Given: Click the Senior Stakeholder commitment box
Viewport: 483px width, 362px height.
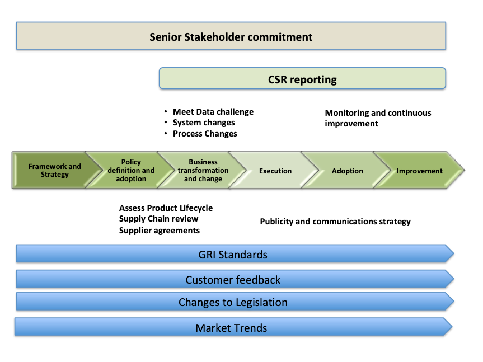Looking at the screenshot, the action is pos(231,36).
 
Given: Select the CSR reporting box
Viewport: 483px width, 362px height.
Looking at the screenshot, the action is pos(302,78).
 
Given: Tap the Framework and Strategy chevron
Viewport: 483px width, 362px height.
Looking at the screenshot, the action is pos(55,170).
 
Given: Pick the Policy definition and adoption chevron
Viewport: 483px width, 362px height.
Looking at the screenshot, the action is pos(131,170).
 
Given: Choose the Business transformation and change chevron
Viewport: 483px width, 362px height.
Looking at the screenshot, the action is pos(203,170).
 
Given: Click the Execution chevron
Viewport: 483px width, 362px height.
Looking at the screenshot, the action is pos(275,170).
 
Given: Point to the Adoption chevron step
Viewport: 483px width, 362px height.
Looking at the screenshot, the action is pos(348,170).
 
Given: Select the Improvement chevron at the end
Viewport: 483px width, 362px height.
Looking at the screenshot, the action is pos(420,170).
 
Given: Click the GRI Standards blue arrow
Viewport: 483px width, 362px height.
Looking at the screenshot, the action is pos(235,253).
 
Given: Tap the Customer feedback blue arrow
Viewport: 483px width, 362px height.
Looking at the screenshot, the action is pos(235,279).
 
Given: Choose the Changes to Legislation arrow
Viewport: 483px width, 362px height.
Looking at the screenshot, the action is pos(235,302).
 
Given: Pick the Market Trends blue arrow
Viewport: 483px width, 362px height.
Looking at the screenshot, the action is pos(233,327).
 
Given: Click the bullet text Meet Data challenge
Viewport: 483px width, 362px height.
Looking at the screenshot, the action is pos(213,112).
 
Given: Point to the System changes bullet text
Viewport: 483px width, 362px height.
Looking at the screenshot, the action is pos(204,123).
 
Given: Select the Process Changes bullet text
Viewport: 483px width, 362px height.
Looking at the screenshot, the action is pos(205,134).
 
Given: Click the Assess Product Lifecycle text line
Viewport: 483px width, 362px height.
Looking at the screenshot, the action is pos(166,208).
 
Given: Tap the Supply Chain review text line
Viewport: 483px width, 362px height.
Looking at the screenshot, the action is pos(158,219).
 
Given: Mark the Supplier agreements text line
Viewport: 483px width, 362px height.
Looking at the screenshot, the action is pos(160,231).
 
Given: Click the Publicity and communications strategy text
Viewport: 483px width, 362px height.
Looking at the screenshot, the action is pos(335,222).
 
